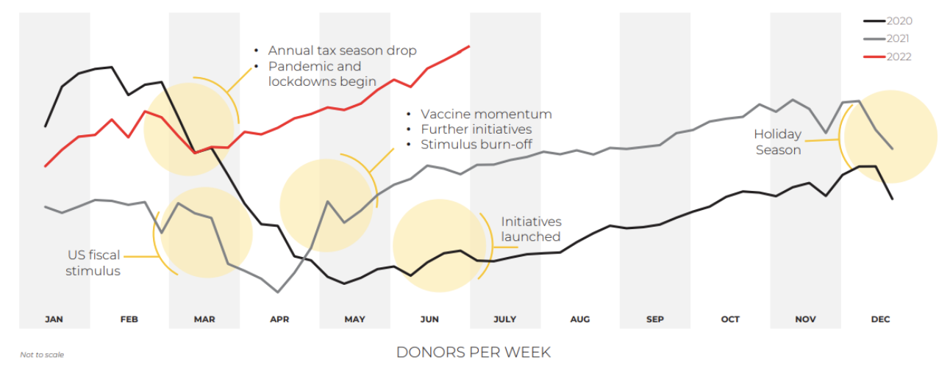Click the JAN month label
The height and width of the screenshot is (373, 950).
(54, 319)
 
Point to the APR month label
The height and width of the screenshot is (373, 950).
(279, 319)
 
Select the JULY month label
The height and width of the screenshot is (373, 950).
(504, 319)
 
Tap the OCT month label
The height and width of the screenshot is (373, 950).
(730, 319)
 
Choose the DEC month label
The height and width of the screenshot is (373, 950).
(880, 319)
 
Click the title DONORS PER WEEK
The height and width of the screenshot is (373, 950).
(474, 352)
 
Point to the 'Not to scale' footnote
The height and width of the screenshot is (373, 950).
(42, 355)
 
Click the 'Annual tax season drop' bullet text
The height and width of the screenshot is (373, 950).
(342, 51)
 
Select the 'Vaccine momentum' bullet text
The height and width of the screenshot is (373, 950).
(486, 115)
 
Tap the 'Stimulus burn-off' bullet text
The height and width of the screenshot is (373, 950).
(476, 145)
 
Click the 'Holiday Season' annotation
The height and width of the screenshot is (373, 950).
(777, 142)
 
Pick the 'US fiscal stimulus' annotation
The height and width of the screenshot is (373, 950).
(93, 263)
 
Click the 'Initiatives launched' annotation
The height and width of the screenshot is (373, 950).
(531, 229)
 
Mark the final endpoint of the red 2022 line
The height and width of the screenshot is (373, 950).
(468, 46)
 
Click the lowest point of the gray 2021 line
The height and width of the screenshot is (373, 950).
(277, 291)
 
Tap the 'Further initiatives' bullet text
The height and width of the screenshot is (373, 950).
(476, 129)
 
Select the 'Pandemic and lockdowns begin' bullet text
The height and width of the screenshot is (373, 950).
(322, 74)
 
